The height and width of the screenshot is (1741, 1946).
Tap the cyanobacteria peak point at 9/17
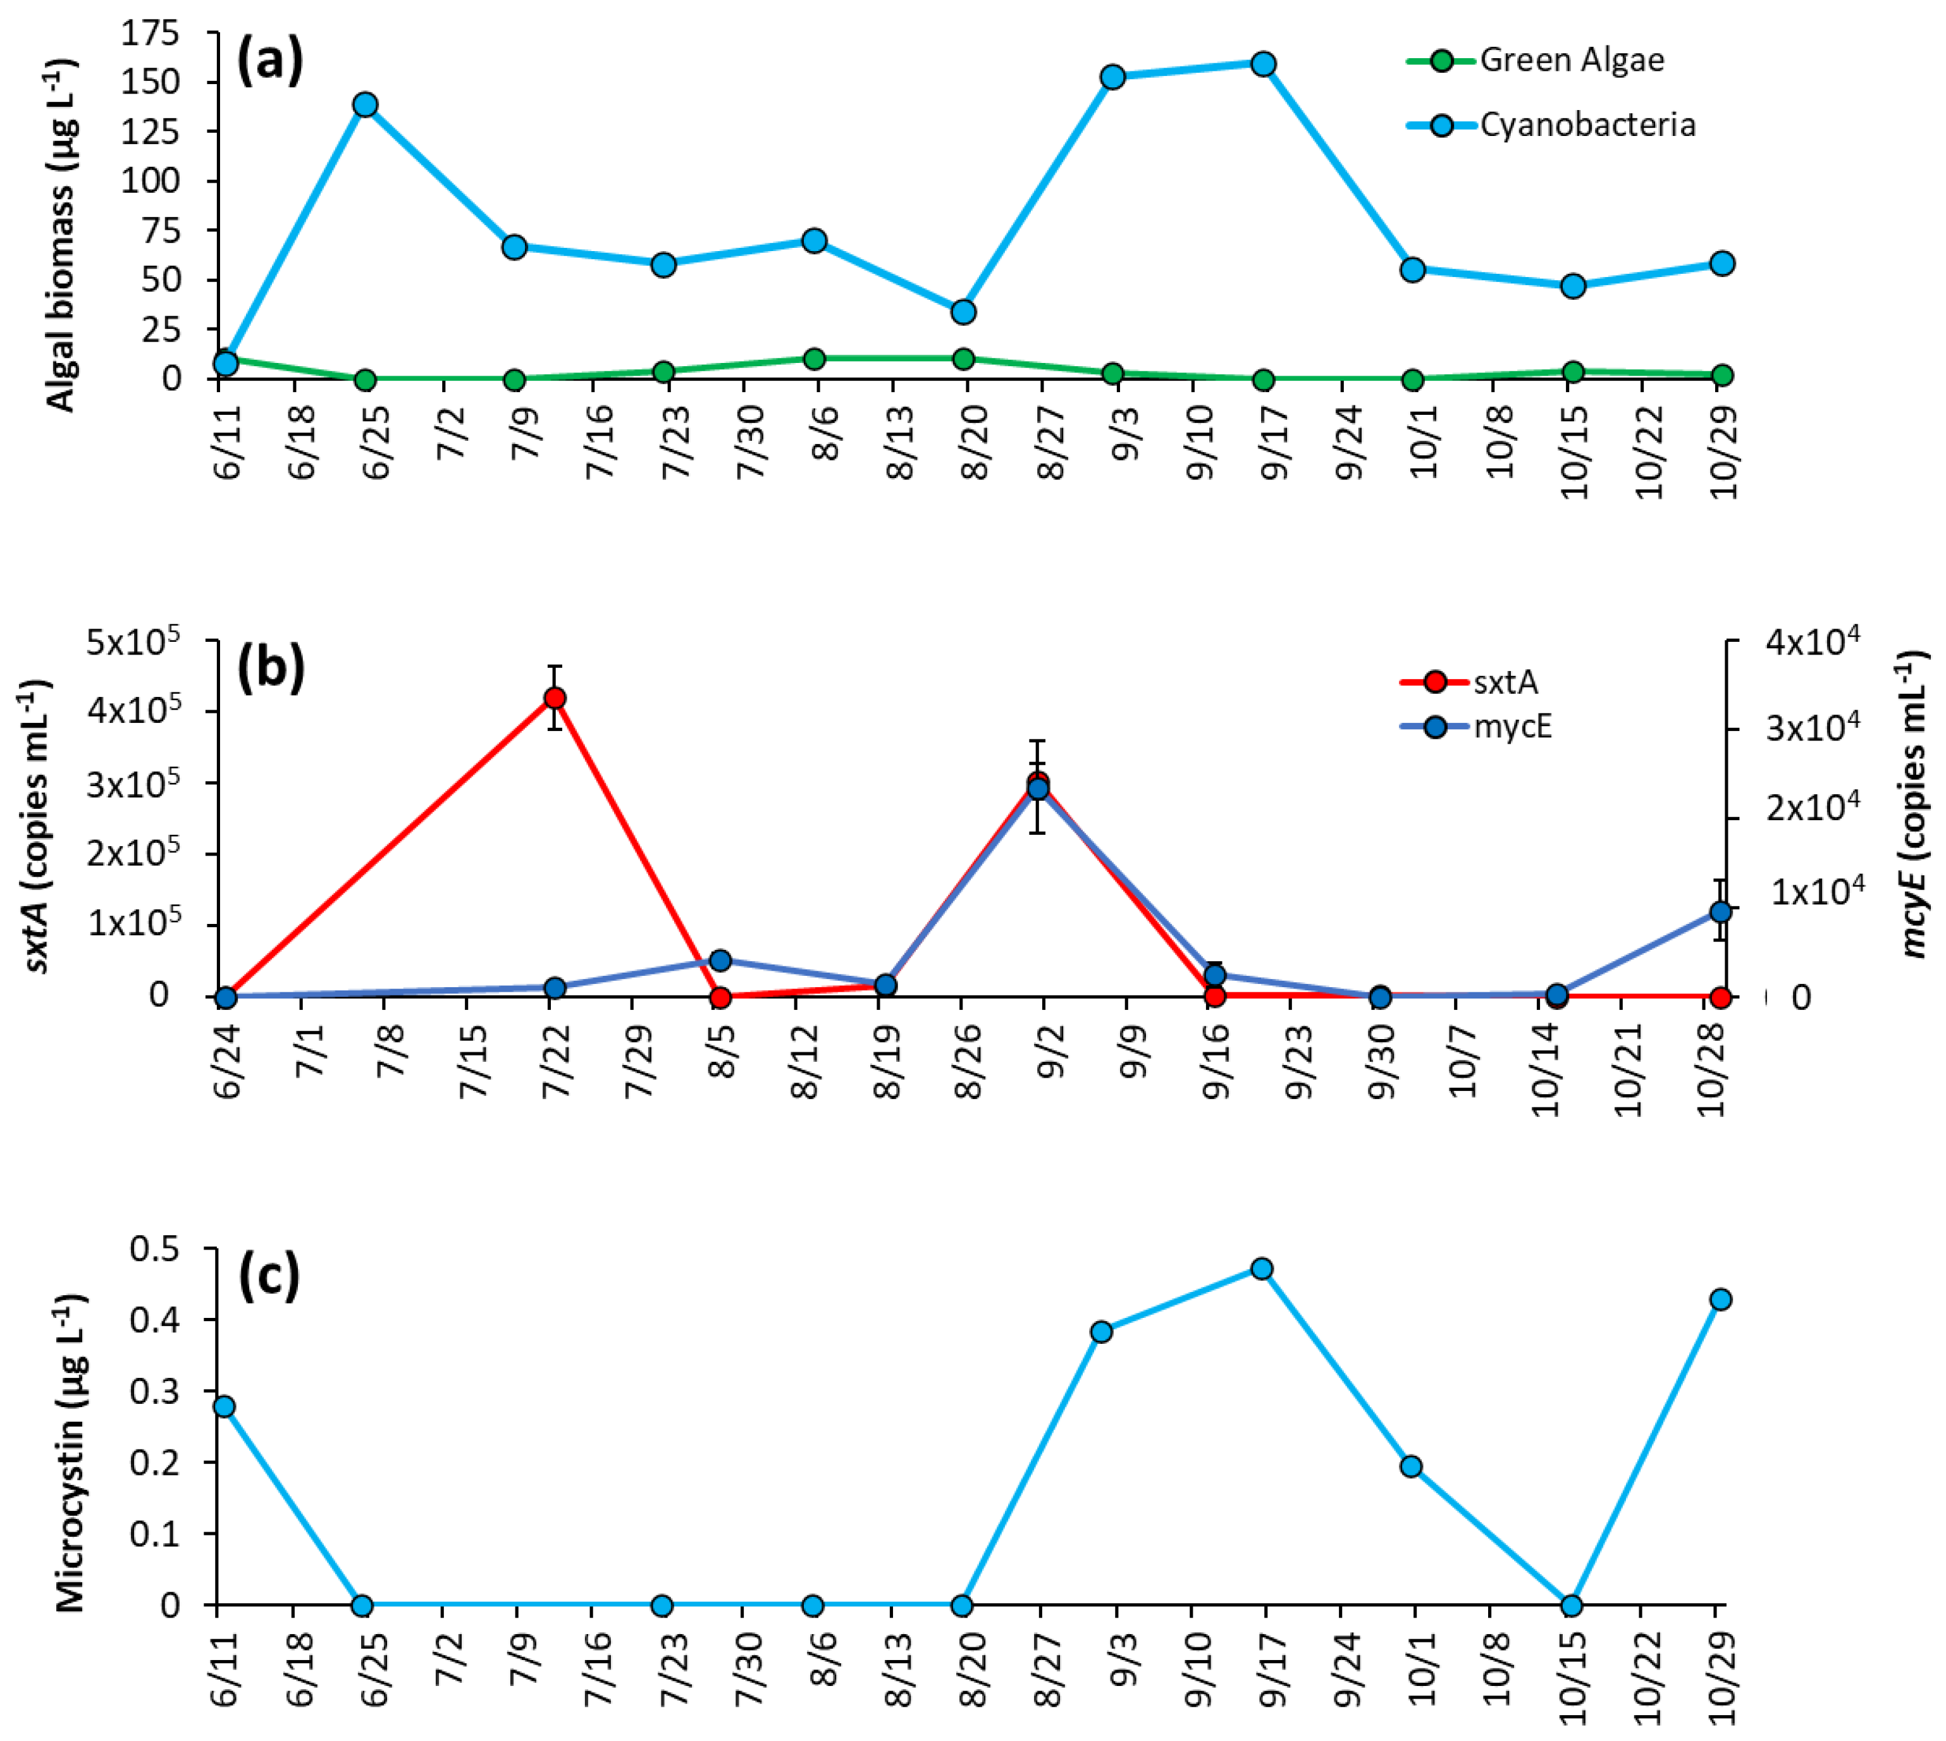click(x=1263, y=64)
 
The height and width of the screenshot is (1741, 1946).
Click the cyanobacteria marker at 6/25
click(x=364, y=104)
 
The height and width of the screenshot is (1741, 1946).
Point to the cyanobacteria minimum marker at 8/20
click(x=963, y=312)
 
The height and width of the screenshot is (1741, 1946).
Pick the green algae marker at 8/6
click(x=814, y=359)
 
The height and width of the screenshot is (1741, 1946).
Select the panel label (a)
click(x=270, y=63)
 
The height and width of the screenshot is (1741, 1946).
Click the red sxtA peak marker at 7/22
click(x=555, y=698)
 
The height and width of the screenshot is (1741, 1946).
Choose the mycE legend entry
click(x=1511, y=727)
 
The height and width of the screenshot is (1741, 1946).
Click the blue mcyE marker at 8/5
click(x=720, y=961)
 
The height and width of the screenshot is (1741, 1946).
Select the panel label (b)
click(x=271, y=667)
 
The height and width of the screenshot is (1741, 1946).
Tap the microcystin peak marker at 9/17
click(x=1262, y=1269)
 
